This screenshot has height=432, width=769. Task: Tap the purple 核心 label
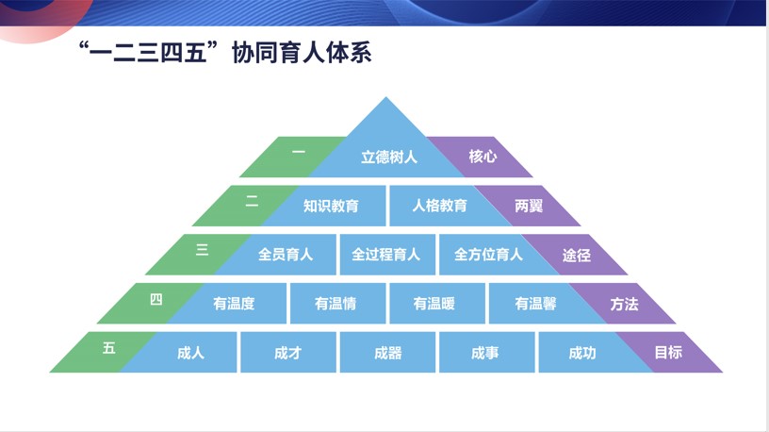(x=483, y=157)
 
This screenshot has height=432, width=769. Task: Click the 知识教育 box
(x=330, y=206)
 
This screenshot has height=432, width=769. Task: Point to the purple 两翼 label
(x=530, y=206)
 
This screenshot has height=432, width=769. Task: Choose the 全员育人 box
(x=285, y=255)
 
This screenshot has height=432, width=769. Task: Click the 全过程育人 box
(x=386, y=255)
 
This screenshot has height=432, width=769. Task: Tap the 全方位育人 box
(x=487, y=255)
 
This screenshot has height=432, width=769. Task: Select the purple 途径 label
(x=577, y=255)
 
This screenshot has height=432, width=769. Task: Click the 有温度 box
(x=234, y=304)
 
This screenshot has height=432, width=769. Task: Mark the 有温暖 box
(x=434, y=304)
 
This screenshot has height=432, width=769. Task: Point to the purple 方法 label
(x=624, y=304)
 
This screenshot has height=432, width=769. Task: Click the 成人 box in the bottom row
(x=190, y=353)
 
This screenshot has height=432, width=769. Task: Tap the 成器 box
(x=387, y=353)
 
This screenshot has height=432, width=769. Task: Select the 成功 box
(x=582, y=353)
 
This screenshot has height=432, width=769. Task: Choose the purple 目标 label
(x=668, y=353)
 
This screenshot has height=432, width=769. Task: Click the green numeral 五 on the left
(x=109, y=348)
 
